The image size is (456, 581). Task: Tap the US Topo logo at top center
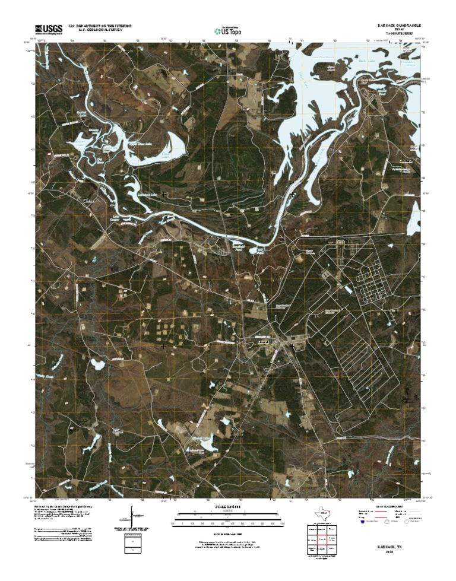coord(229,28)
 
